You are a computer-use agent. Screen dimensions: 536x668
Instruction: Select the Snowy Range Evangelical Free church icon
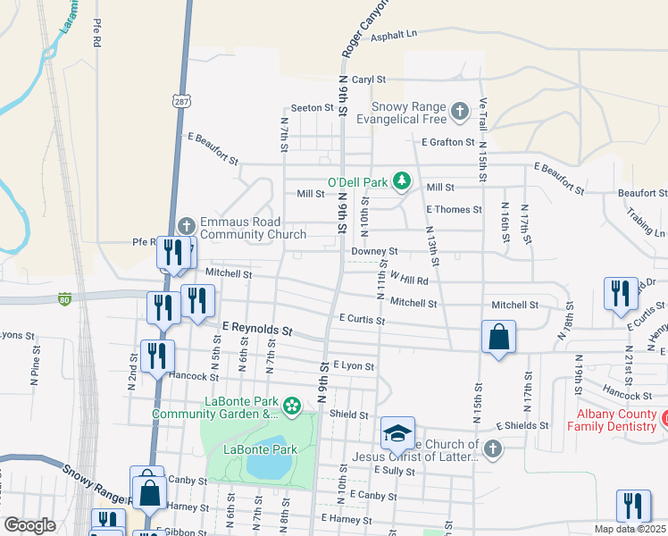[x=459, y=111]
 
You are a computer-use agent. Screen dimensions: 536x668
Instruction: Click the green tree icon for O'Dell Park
[x=402, y=181]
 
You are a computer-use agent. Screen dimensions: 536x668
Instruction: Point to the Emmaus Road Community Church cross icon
[x=186, y=226]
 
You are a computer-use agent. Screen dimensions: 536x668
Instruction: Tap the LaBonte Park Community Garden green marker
[x=291, y=406]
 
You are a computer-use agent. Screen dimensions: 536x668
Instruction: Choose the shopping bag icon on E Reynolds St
[x=499, y=338]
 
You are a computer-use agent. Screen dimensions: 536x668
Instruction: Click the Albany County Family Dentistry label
[x=615, y=420]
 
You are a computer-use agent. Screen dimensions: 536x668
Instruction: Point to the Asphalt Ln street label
[x=394, y=34]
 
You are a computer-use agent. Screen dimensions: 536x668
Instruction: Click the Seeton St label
[x=312, y=107]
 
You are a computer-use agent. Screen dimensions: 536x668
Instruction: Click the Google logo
[x=29, y=525]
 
